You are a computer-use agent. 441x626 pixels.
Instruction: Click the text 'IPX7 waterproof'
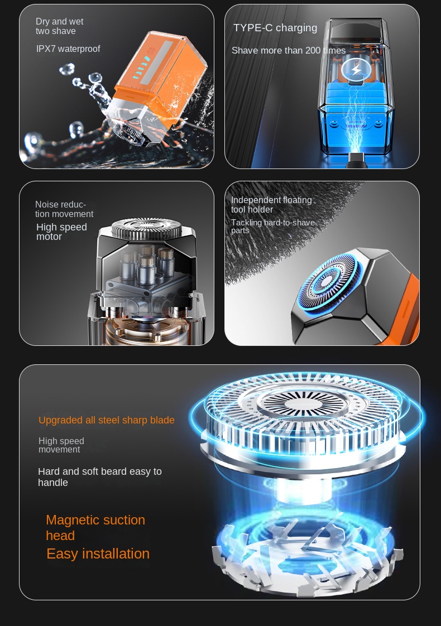click(68, 49)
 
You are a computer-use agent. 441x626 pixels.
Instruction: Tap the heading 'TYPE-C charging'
click(275, 28)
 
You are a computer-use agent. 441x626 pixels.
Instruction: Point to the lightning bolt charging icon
click(356, 70)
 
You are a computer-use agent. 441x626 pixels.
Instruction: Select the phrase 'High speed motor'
click(61, 232)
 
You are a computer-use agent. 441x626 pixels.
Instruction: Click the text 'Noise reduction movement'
click(64, 209)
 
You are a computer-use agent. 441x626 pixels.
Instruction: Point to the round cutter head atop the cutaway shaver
click(147, 228)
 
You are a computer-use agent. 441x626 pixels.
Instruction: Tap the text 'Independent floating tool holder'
click(271, 205)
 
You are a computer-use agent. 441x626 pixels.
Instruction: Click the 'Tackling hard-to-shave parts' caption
click(273, 227)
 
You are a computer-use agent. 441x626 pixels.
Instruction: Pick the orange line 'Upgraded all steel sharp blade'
click(106, 420)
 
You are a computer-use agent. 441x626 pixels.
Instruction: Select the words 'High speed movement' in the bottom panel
click(61, 445)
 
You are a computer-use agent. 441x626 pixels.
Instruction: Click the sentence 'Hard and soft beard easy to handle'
click(100, 476)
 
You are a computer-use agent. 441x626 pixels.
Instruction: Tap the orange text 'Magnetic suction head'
click(95, 527)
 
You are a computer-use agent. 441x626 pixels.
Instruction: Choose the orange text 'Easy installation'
click(98, 553)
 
